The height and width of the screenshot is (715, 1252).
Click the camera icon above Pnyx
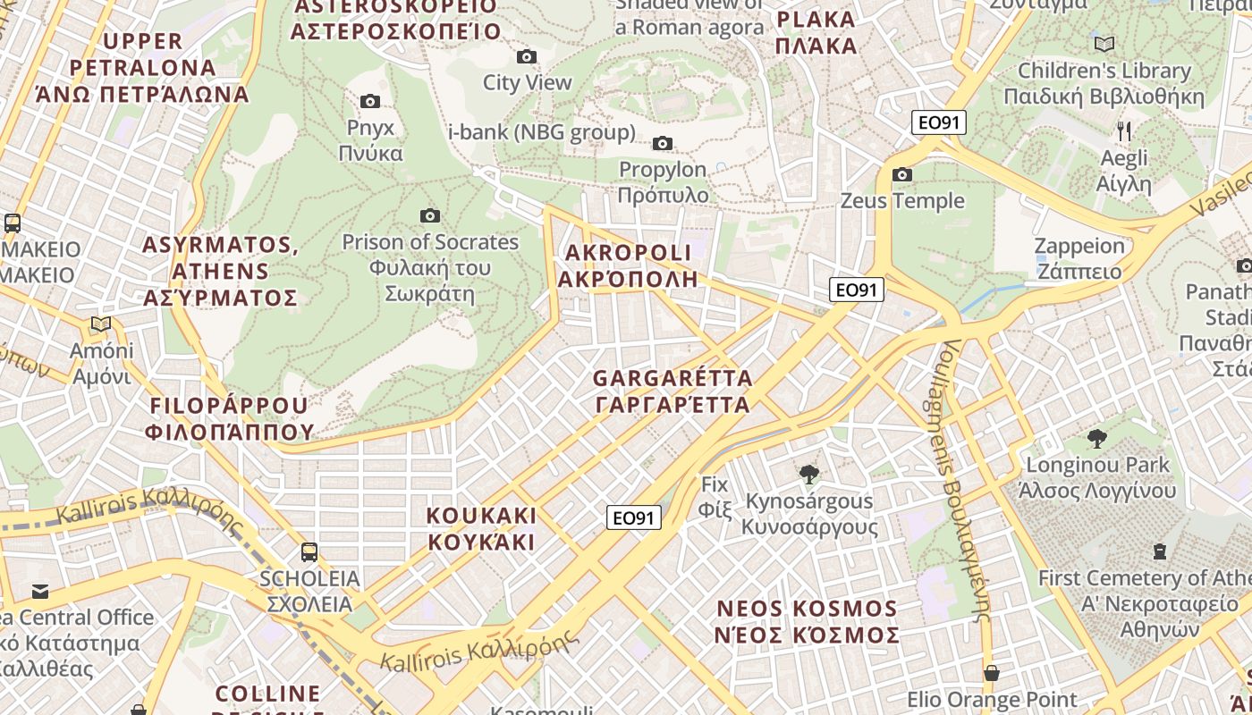369,102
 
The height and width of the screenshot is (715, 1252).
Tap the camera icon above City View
527,57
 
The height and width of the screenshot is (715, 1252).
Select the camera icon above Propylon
663,143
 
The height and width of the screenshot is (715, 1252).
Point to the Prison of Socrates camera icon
430,215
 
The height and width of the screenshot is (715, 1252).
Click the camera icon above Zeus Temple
902,174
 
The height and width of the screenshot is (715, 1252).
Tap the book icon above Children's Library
1104,44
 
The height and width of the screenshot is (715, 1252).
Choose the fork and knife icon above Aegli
1124,131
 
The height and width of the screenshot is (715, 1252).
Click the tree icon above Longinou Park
1097,438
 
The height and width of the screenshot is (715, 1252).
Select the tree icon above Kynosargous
809,475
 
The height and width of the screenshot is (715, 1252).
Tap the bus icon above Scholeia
309,552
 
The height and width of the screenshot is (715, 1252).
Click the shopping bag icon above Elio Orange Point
991,672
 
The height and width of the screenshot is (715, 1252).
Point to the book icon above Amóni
101,324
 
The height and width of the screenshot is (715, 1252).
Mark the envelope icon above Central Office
40,591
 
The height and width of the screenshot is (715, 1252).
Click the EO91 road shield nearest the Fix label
634,517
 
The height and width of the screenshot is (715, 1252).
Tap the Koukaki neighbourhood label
481,529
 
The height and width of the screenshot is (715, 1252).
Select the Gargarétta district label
673,391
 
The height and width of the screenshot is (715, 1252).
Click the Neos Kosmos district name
807,622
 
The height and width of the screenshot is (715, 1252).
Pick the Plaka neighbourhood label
816,32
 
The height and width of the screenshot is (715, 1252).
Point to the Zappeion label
1079,258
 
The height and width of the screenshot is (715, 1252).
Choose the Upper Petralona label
143,67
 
